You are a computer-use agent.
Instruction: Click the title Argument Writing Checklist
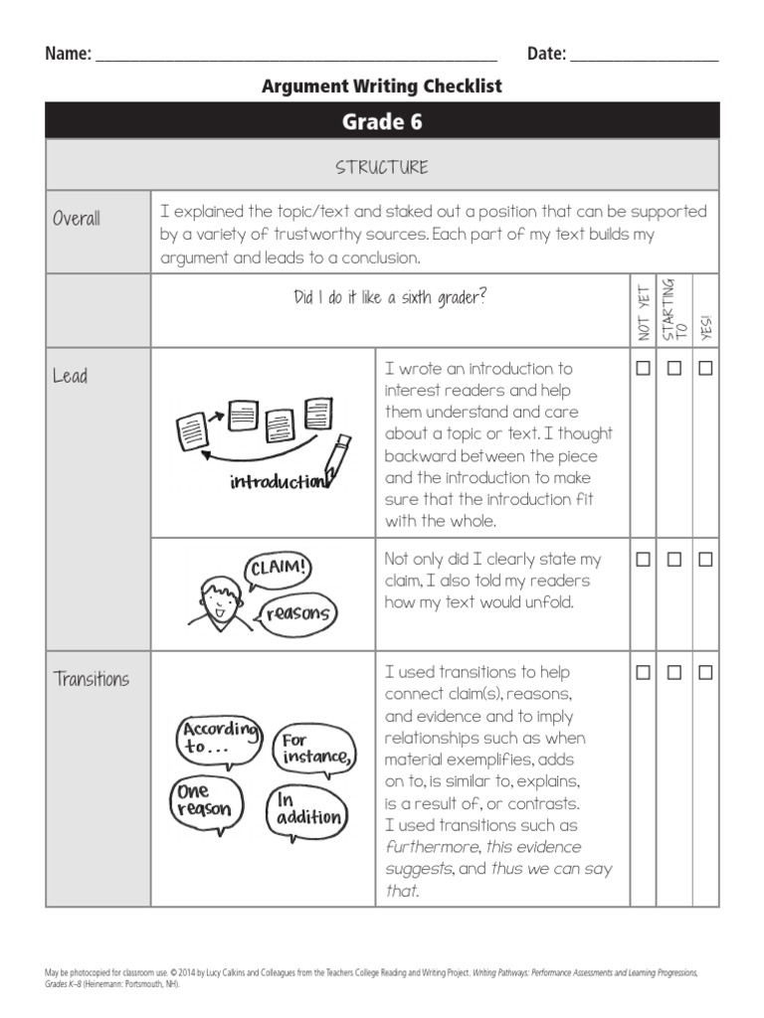pos(382,86)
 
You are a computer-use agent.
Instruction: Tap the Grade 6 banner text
pos(382,121)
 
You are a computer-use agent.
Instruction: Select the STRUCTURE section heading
pos(382,166)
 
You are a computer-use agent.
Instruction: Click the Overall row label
pos(77,219)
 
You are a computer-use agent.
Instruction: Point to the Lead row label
pos(70,376)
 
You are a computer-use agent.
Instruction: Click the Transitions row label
pos(92,679)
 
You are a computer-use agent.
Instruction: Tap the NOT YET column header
pos(644,311)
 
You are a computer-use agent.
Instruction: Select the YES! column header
pos(706,326)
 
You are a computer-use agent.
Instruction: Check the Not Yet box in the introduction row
pos(644,368)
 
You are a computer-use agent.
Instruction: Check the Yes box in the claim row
pos(705,560)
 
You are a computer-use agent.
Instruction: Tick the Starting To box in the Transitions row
pos(674,673)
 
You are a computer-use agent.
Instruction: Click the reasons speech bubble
pos(298,612)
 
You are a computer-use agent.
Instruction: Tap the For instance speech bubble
pos(312,749)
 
